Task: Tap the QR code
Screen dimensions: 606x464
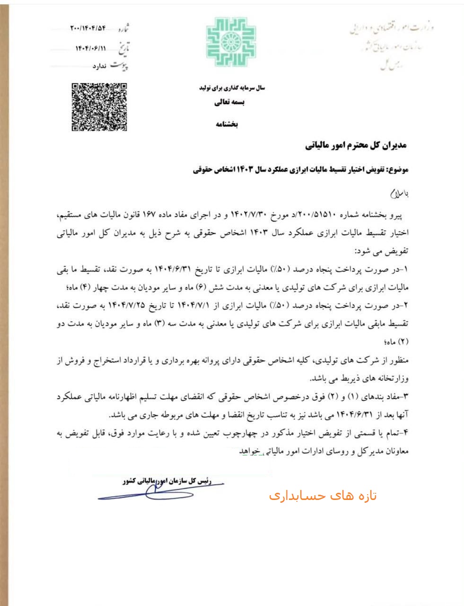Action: pyautogui.click(x=99, y=107)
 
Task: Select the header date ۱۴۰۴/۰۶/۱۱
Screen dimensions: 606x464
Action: pyautogui.click(x=91, y=48)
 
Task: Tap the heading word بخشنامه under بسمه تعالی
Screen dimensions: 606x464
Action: pyautogui.click(x=227, y=125)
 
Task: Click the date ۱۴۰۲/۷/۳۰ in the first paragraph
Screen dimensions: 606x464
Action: pyautogui.click(x=249, y=216)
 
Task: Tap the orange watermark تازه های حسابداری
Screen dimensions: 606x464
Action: pyautogui.click(x=323, y=496)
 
